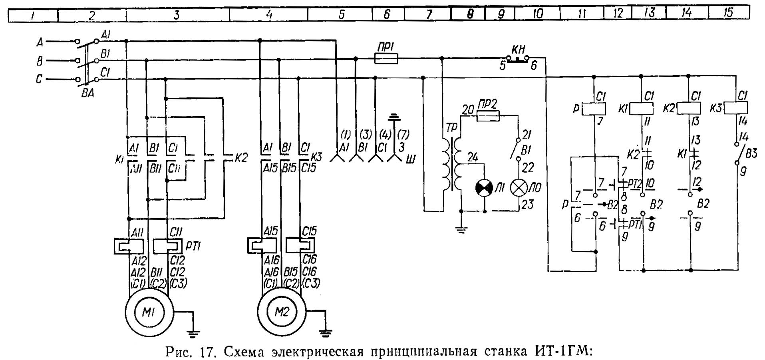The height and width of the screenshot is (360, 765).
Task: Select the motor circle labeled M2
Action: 282,312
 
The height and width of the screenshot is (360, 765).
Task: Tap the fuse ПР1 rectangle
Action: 386,59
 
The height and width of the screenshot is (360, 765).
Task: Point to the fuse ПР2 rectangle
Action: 488,116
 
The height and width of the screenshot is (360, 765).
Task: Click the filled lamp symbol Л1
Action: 485,188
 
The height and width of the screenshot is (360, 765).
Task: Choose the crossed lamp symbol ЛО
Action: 519,188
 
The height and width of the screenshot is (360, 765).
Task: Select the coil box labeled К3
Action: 736,108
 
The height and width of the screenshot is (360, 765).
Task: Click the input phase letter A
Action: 40,41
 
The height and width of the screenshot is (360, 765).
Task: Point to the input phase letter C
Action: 39,79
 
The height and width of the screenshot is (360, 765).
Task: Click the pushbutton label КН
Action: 518,50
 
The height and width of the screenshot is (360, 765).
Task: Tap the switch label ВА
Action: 87,95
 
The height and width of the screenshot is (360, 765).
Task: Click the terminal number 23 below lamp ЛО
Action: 527,205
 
